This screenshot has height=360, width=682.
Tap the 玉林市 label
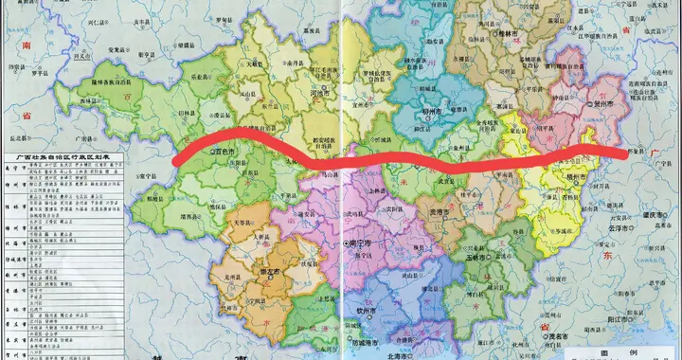coord(479,257)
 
